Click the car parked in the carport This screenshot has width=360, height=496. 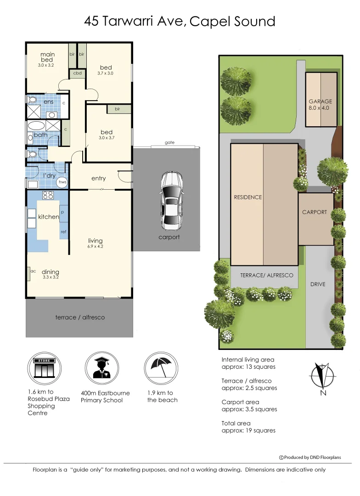[169, 201]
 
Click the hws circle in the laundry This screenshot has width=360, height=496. [62, 182]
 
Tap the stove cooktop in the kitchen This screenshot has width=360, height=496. [48, 195]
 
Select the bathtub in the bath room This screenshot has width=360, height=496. [37, 126]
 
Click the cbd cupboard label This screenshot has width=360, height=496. [77, 73]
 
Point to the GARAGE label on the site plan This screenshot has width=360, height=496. [320, 101]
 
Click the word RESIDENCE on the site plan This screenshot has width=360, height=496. [248, 197]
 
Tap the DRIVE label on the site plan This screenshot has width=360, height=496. [318, 284]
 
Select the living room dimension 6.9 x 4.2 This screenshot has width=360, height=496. [96, 247]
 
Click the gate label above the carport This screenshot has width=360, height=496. [169, 143]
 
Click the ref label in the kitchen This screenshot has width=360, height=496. [63, 232]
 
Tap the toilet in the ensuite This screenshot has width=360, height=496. [33, 100]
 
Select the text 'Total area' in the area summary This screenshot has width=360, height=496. [236, 423]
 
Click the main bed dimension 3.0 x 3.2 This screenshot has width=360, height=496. [46, 65]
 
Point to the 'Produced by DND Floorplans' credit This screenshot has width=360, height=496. [304, 457]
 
